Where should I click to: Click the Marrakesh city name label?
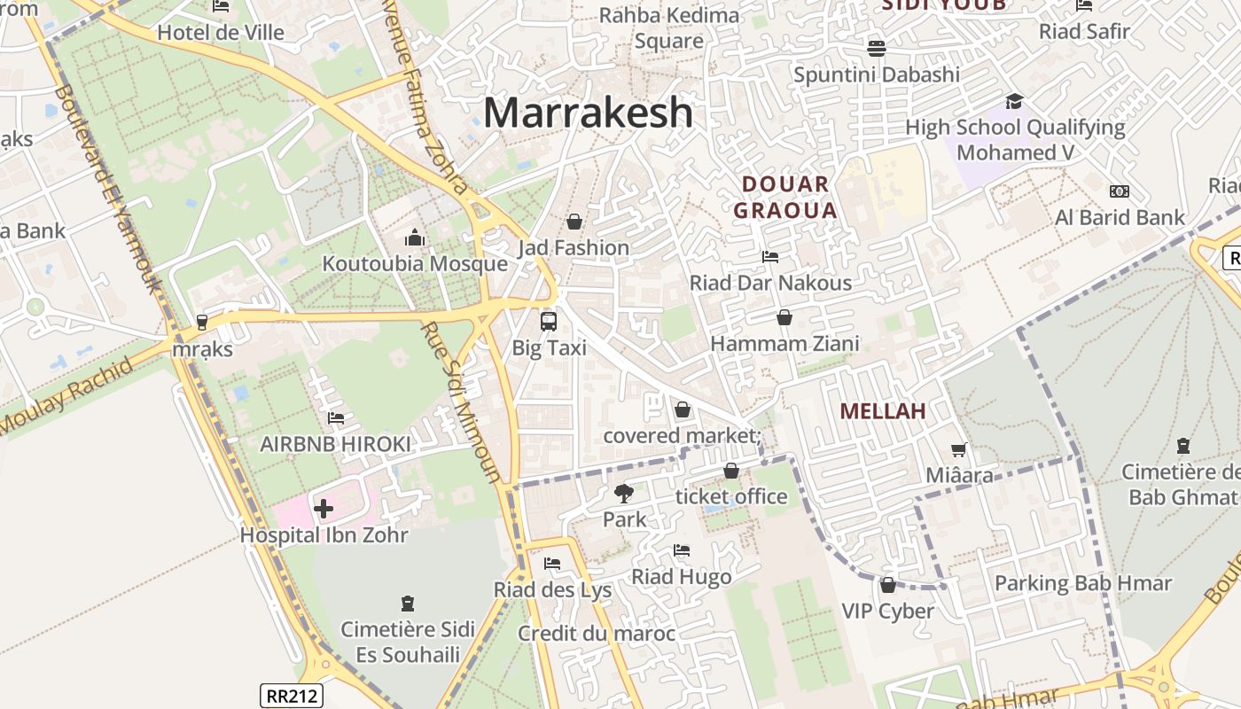click(x=588, y=113)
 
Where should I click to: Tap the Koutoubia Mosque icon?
click(x=415, y=238)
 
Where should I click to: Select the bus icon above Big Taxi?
click(x=549, y=322)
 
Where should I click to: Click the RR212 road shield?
click(x=292, y=696)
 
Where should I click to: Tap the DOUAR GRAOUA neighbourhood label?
click(x=785, y=198)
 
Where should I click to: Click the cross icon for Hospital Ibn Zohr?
click(x=324, y=509)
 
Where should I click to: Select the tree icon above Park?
click(x=624, y=494)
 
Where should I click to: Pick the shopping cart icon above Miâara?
click(x=959, y=450)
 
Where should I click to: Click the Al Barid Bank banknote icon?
click(x=1120, y=191)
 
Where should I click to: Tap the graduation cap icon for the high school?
click(x=1014, y=101)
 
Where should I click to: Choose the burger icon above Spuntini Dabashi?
click(x=877, y=48)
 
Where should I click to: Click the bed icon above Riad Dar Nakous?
click(x=770, y=257)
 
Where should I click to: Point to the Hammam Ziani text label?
click(x=784, y=343)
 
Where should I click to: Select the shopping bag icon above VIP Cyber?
click(x=888, y=585)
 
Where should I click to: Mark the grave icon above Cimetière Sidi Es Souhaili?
click(x=408, y=604)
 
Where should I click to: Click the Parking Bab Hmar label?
click(x=1083, y=583)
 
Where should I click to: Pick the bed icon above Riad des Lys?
click(x=552, y=564)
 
